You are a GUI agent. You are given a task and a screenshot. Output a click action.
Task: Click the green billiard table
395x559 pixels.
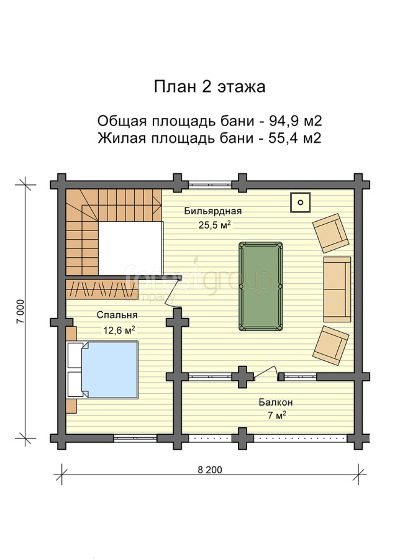[261, 286]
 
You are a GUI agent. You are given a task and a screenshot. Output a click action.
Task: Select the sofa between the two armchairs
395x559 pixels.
[337, 289]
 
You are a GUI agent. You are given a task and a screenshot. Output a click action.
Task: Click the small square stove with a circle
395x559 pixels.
[300, 202]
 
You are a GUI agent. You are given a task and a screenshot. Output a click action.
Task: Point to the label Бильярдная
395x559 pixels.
[213, 211]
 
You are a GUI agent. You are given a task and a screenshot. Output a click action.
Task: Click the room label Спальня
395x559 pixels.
[117, 315]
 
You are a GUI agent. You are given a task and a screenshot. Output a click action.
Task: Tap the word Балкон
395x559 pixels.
[276, 402]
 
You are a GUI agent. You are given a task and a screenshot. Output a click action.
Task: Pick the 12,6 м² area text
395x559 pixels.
[119, 330]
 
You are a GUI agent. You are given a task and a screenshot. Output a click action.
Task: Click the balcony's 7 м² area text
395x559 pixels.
[277, 416]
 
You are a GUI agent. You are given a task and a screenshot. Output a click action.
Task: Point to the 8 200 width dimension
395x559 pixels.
[210, 470]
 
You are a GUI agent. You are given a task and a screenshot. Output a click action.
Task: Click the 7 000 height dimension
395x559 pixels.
[20, 311]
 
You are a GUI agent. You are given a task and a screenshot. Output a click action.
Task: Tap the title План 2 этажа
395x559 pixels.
[210, 86]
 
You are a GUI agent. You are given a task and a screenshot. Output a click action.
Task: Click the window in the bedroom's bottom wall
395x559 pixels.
[135, 438]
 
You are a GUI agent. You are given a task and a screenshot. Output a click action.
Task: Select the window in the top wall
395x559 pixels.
[210, 184]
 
